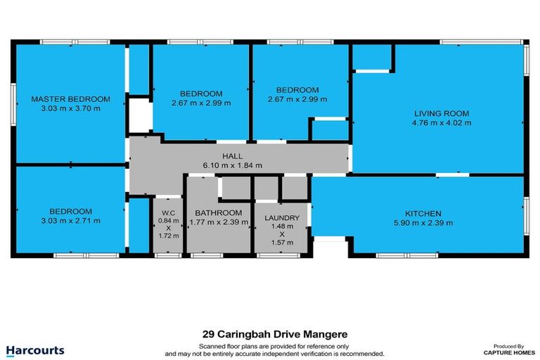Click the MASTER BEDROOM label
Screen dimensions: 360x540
pyautogui.click(x=70, y=98)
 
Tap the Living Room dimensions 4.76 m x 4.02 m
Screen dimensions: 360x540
pyautogui.click(x=441, y=122)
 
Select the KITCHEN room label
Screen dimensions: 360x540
pyautogui.click(x=423, y=213)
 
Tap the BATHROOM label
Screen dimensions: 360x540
pyautogui.click(x=219, y=213)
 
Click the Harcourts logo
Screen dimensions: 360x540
pyautogui.click(x=35, y=349)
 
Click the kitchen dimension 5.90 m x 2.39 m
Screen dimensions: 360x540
pyautogui.click(x=423, y=223)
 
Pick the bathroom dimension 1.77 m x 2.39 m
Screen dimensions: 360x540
pyautogui.click(x=219, y=223)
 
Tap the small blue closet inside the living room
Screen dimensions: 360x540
pyautogui.click(x=371, y=59)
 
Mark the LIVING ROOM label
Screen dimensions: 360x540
pyautogui.click(x=441, y=112)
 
